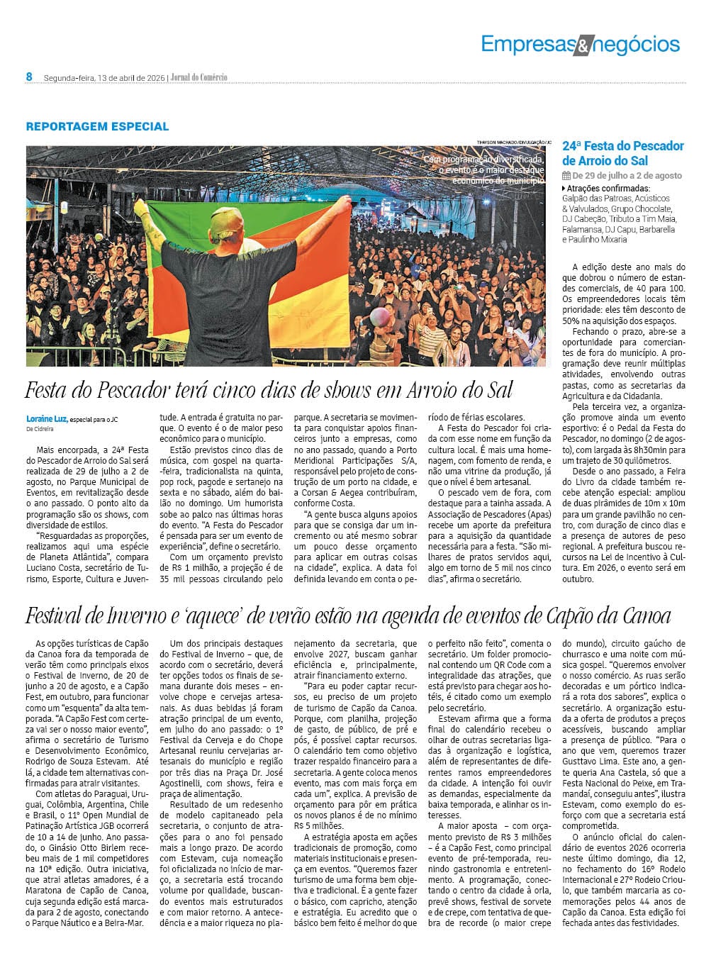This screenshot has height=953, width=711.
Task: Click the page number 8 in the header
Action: click(x=29, y=77)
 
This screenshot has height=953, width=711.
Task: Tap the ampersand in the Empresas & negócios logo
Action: click(x=581, y=47)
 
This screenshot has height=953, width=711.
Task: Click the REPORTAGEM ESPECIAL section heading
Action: click(x=97, y=127)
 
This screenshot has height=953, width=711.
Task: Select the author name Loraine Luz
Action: click(x=46, y=418)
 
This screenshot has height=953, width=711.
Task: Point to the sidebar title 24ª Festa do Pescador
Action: click(x=623, y=146)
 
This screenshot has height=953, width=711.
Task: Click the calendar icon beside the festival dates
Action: click(x=566, y=175)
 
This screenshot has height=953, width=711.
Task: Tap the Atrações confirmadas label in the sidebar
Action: click(x=599, y=189)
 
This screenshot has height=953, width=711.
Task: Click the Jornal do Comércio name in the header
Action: click(x=198, y=77)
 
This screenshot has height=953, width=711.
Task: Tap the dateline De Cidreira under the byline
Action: click(x=40, y=429)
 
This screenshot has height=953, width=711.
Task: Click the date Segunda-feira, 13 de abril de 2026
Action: click(x=103, y=77)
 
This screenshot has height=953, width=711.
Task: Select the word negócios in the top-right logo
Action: click(x=635, y=45)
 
